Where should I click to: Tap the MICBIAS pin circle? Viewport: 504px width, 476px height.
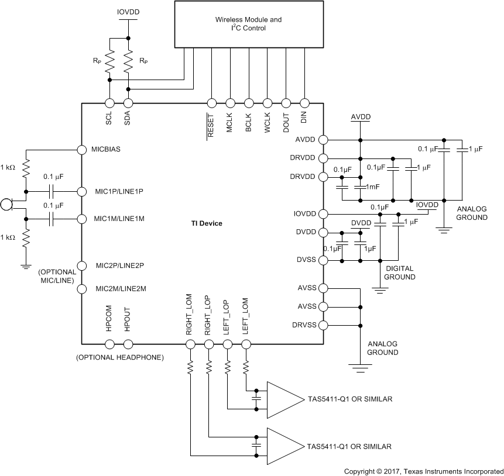pyautogui.click(x=82, y=150)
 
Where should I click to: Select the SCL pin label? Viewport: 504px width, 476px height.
pyautogui.click(x=109, y=119)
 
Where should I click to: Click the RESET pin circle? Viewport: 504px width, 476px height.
pyautogui.click(x=211, y=102)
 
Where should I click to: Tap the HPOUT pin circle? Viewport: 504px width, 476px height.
pyautogui.click(x=128, y=344)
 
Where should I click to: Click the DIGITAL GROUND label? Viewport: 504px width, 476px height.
pyautogui.click(x=399, y=273)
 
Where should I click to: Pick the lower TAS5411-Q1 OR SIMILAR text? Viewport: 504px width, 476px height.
pyautogui.click(x=349, y=446)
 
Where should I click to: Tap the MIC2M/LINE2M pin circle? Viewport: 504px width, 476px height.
pyautogui.click(x=82, y=288)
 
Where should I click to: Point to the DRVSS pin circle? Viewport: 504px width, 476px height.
pyautogui.click(x=322, y=325)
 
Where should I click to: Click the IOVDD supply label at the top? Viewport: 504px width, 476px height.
pyautogui.click(x=128, y=11)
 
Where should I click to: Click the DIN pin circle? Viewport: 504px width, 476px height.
pyautogui.click(x=304, y=102)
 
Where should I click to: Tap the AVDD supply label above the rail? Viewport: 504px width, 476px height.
pyautogui.click(x=361, y=118)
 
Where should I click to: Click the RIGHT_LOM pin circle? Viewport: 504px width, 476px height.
pyautogui.click(x=190, y=344)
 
